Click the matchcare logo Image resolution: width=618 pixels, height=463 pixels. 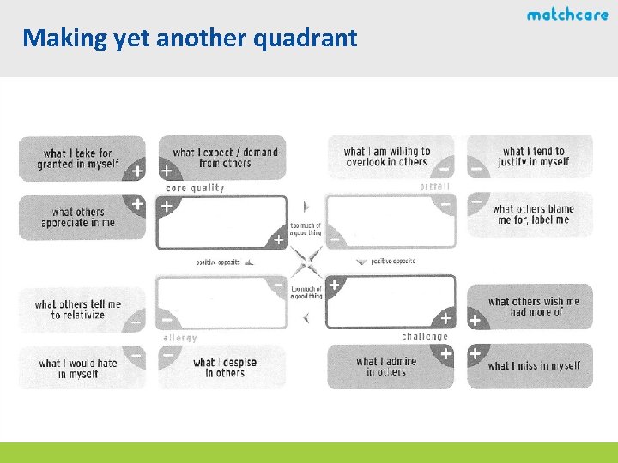pos(567,15)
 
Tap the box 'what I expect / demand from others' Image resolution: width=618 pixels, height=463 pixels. pos(225,158)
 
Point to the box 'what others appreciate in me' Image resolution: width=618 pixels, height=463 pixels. pos(78,217)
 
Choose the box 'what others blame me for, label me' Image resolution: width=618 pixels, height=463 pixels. pos(532,214)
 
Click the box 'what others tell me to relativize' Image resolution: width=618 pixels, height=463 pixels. pos(78,310)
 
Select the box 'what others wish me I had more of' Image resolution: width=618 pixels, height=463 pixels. pos(533,306)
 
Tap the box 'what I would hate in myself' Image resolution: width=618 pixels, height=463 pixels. pos(78,368)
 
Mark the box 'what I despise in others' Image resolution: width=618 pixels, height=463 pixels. pos(225,367)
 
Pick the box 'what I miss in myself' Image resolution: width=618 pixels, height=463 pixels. pos(533,366)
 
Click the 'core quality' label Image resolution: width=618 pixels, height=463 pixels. pos(195,188)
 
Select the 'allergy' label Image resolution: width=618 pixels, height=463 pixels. pos(180,338)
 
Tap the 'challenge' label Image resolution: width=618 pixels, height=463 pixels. pos(425,337)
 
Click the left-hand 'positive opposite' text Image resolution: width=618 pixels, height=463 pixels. pos(218,262)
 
